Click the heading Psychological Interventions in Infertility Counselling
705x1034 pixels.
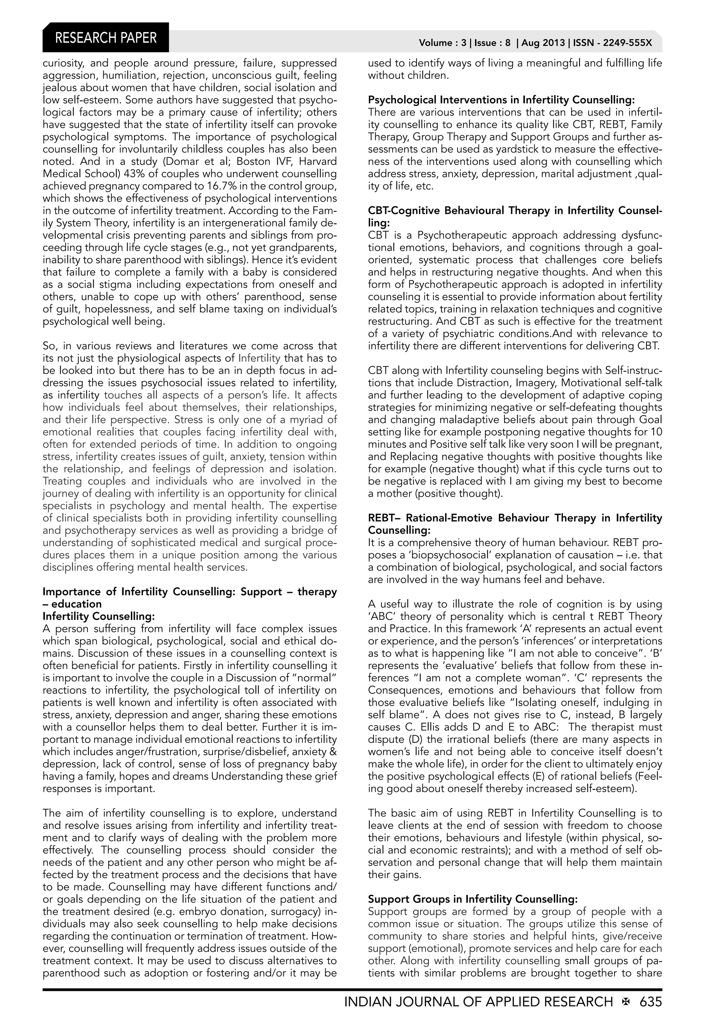(x=501, y=100)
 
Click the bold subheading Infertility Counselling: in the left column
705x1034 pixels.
(x=98, y=616)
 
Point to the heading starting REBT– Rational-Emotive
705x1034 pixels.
(x=515, y=518)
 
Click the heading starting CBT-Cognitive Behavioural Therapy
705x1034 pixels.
(x=515, y=210)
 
